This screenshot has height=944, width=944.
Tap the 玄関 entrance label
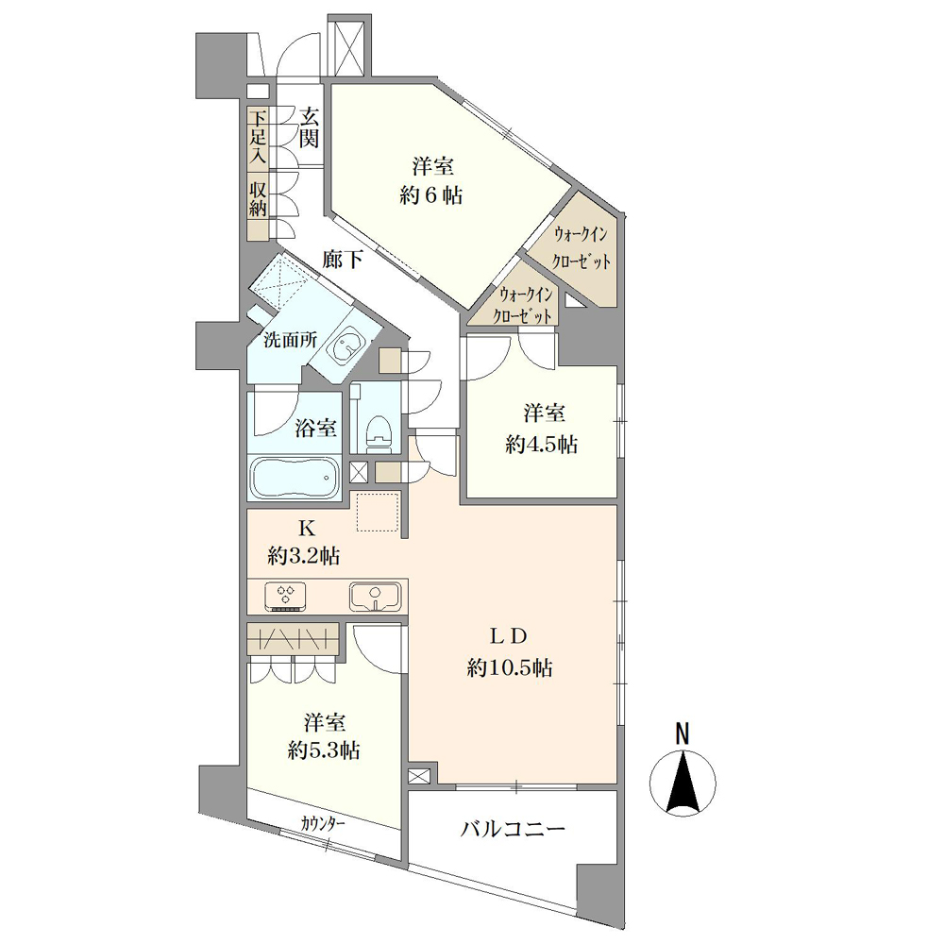309,128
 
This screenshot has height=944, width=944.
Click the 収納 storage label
258,198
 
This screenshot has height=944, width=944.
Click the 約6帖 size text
433,197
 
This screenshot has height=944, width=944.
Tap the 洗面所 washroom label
289,342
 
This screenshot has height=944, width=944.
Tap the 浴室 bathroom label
315,428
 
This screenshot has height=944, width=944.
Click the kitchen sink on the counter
377,596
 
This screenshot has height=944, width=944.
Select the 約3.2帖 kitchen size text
304,556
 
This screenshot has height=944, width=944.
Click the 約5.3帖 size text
324,751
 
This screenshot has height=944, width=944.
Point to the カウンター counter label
323,823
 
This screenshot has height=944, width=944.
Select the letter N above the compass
682,733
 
